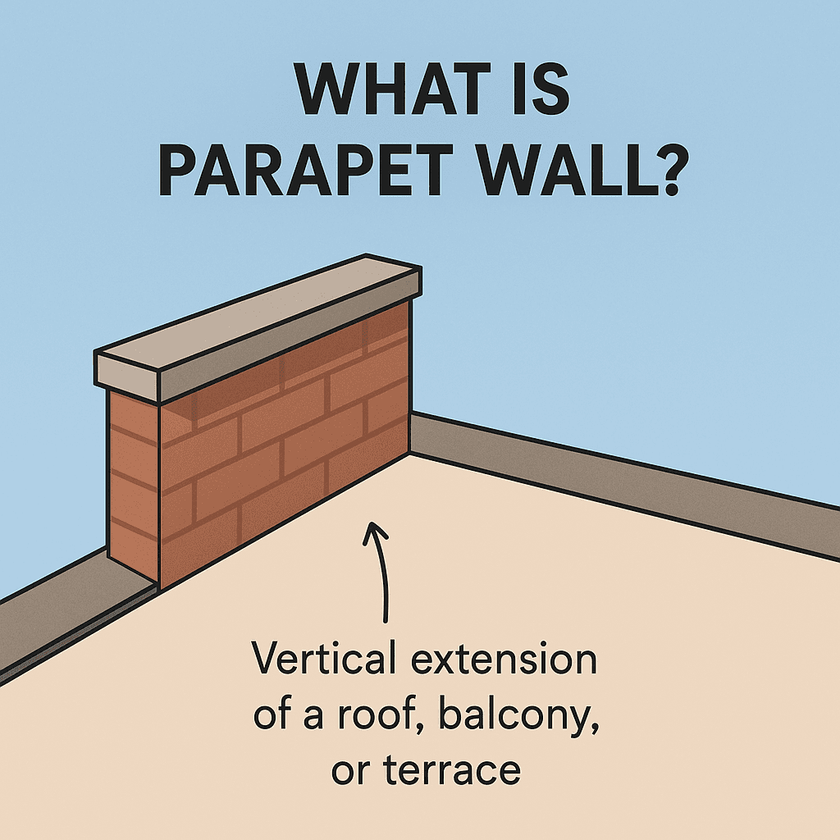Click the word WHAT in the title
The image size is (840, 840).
click(393, 89)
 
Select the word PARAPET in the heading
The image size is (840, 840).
click(302, 168)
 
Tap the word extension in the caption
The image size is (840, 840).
click(504, 659)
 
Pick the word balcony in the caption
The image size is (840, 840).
click(518, 715)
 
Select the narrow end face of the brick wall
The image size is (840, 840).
click(134, 487)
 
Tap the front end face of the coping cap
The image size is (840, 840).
click(127, 377)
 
